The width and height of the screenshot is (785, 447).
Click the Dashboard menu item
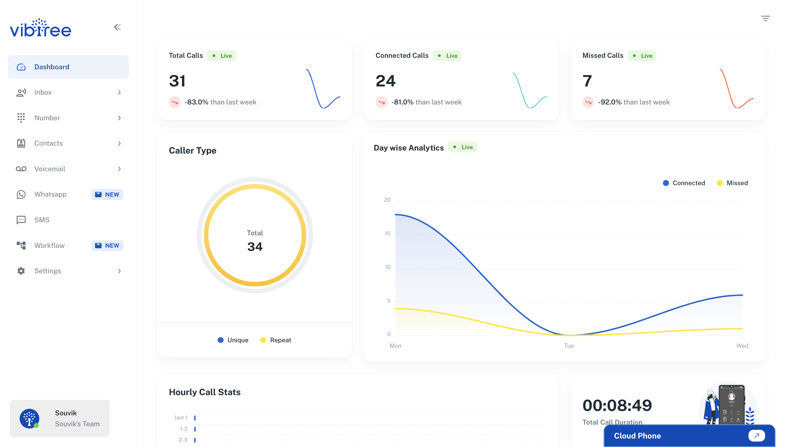click(x=52, y=67)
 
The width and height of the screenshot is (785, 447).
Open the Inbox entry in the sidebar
click(x=43, y=92)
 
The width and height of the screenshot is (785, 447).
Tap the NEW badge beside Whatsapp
click(x=107, y=194)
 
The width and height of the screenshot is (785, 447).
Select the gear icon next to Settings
click(x=21, y=271)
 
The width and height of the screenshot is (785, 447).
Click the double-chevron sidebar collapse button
click(x=117, y=27)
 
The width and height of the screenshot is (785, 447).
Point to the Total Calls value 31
click(x=177, y=81)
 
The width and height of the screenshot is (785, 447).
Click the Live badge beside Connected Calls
click(x=447, y=56)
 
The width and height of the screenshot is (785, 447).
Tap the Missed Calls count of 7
click(x=587, y=81)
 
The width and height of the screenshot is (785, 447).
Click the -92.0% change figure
click(x=609, y=102)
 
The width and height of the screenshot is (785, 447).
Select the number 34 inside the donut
click(x=255, y=247)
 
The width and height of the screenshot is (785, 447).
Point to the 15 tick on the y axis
click(x=387, y=234)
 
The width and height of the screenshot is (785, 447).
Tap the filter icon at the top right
click(x=765, y=19)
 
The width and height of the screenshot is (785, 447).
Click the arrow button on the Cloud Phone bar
click(x=756, y=435)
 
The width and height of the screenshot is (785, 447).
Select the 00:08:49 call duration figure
click(x=617, y=405)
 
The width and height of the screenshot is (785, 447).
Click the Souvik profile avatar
click(x=29, y=418)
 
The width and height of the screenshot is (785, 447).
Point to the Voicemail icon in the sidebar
click(x=21, y=169)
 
